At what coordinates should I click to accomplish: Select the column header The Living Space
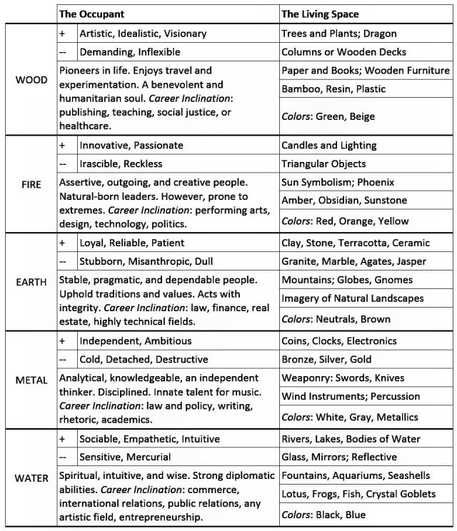click(320, 14)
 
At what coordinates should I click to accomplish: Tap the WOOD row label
click(31, 79)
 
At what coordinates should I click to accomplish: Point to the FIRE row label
click(31, 183)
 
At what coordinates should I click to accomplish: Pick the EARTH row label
click(31, 281)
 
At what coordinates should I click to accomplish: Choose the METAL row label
click(31, 380)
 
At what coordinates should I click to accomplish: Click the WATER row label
click(31, 477)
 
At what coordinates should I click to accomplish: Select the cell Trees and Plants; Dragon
click(339, 34)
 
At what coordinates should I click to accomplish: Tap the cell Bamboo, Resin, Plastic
click(333, 89)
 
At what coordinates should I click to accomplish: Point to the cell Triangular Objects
click(323, 163)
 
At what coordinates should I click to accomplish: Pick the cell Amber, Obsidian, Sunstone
click(344, 201)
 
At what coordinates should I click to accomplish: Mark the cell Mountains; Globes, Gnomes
click(347, 280)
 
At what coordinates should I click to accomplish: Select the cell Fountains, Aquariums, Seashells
click(356, 475)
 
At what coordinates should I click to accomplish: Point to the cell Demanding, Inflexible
click(129, 52)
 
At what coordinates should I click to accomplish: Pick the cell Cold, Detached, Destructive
click(144, 359)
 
